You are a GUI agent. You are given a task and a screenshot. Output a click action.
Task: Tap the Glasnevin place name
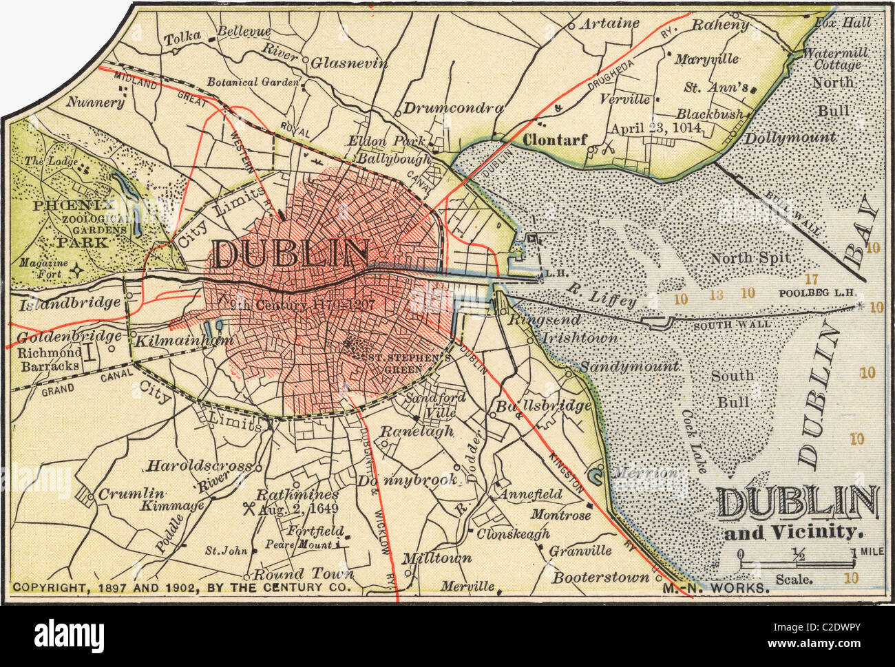tap(350, 63)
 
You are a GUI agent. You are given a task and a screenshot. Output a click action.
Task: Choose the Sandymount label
tap(629, 367)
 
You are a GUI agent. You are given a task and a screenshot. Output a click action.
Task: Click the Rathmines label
tap(297, 494)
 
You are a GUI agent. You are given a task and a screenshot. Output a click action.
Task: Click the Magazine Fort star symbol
tap(78, 271)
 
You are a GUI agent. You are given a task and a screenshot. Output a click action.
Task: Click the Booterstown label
tap(601, 576)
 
